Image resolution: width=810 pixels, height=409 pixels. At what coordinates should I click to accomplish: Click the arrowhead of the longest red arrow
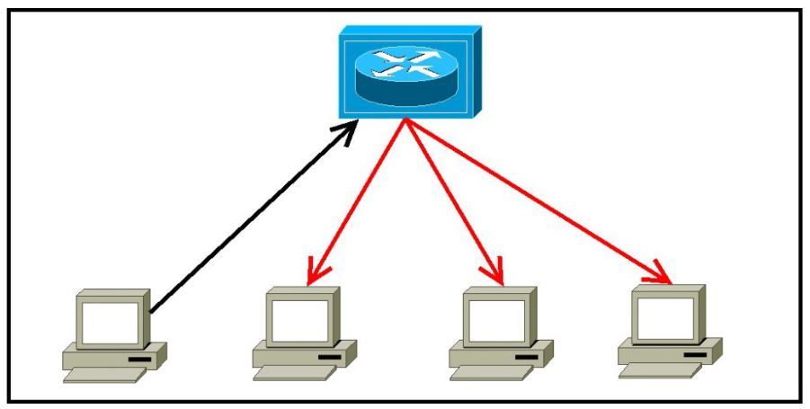tap(662, 274)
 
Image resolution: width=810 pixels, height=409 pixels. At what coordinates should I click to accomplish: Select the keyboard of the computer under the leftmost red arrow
tap(296, 373)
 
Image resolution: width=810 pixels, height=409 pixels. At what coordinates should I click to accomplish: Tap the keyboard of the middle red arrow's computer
tap(493, 373)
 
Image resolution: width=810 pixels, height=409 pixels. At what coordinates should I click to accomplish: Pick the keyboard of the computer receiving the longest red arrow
tap(662, 369)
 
